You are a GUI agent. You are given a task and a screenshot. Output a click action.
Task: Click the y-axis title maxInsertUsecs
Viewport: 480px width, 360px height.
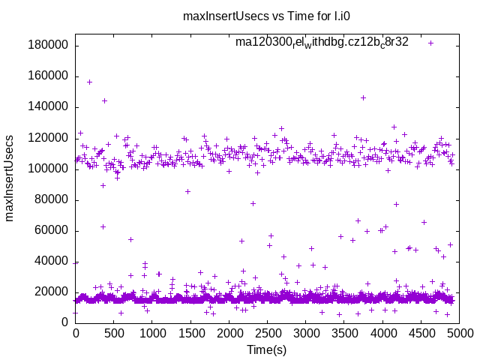10,178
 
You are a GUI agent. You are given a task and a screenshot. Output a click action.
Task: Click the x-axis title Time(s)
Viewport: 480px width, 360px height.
267,349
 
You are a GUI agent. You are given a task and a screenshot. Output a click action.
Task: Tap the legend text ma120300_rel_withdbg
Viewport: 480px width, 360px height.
322,42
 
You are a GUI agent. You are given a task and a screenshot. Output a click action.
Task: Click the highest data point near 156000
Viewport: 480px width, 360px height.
89,82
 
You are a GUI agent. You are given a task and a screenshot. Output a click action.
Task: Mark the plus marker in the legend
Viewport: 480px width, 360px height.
430,43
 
